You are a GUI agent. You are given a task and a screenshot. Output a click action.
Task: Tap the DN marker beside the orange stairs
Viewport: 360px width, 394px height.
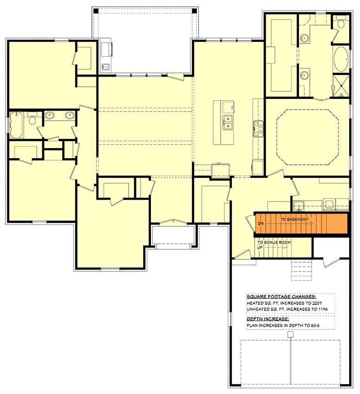point(261,224)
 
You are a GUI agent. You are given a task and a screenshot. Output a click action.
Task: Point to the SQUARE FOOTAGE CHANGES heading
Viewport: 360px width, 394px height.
point(281,297)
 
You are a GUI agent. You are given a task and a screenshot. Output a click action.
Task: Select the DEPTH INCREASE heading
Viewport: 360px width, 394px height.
point(268,319)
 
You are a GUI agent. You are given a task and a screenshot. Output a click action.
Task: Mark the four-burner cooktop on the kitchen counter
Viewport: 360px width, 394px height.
point(258,128)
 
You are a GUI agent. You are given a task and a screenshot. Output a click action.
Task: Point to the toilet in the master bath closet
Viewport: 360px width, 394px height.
point(341,22)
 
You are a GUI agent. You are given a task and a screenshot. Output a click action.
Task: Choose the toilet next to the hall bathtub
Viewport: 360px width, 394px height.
point(32,120)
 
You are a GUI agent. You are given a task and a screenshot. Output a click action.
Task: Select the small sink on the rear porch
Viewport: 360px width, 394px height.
point(106,67)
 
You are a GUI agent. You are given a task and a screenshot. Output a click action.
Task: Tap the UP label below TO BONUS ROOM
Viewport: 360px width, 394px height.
point(260,247)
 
